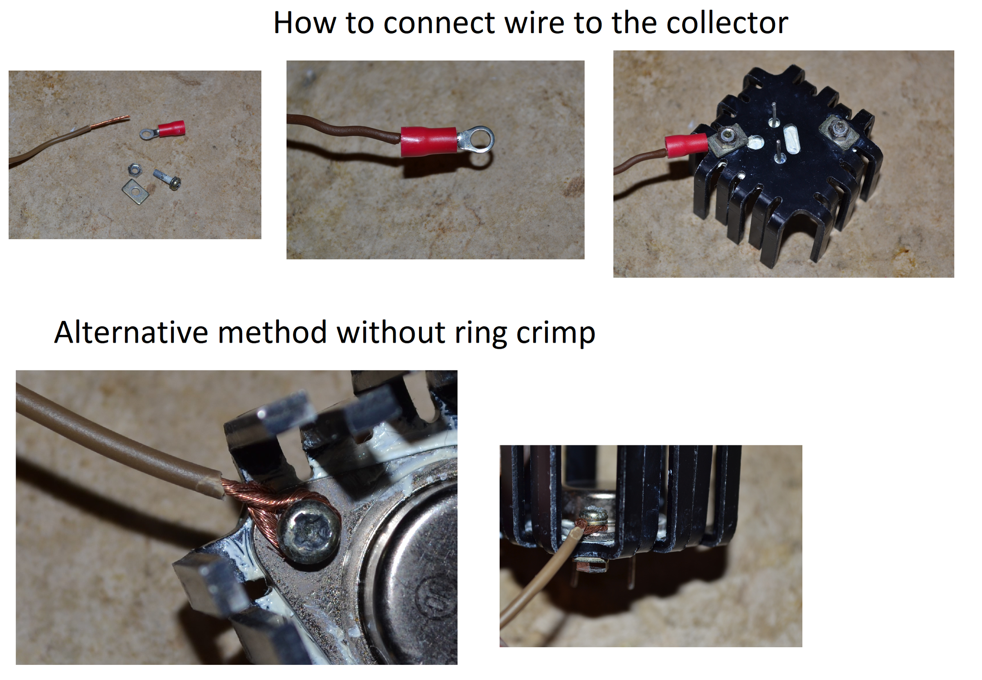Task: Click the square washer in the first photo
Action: (x=135, y=191)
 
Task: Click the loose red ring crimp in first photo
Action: (x=164, y=129)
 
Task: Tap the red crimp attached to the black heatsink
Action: (x=686, y=145)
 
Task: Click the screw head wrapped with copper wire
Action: (x=309, y=531)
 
